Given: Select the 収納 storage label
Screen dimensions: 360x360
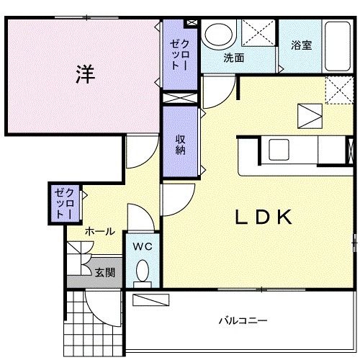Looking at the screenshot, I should pos(180,144).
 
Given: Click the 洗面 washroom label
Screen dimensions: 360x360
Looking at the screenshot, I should pos(233,57).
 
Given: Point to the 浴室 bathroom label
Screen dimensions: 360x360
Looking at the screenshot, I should pos(301,45).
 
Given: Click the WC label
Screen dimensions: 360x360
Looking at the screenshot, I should pos(143,246).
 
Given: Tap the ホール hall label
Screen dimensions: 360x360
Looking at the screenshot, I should pos(99,231).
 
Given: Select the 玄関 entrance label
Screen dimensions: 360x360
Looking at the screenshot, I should pos(104,272).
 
